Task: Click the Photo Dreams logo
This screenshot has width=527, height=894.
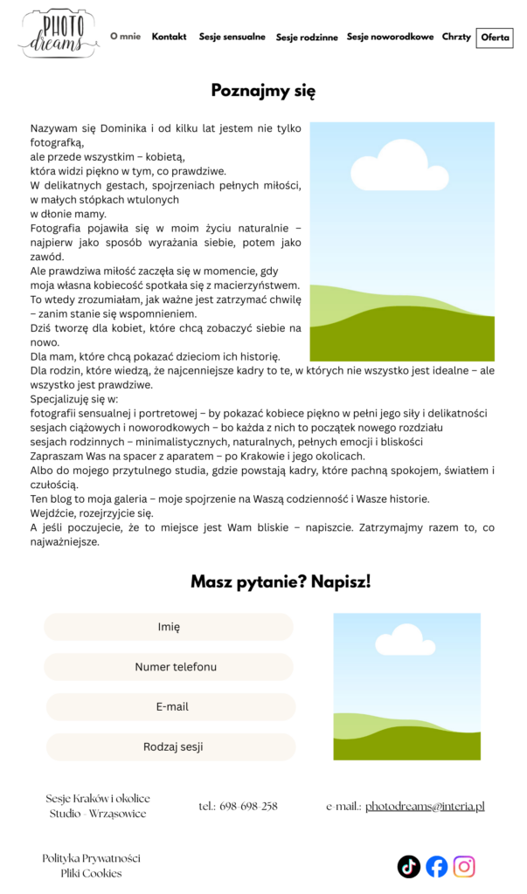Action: (x=59, y=34)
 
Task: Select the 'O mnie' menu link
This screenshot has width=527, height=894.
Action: (x=125, y=37)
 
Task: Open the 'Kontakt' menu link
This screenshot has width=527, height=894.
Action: (x=169, y=37)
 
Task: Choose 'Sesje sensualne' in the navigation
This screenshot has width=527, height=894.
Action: (x=232, y=37)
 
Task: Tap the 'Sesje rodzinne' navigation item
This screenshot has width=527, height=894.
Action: (x=307, y=38)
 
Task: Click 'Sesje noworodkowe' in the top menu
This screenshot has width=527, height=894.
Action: (x=390, y=37)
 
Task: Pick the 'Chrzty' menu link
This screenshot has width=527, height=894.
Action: (x=456, y=37)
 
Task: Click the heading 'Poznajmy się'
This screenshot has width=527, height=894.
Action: (x=263, y=91)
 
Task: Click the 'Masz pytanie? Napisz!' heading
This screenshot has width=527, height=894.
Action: (x=281, y=581)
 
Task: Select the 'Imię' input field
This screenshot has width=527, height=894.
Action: (x=169, y=627)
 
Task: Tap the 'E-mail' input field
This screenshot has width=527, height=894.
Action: (x=172, y=707)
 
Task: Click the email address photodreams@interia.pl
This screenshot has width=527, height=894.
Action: (x=425, y=807)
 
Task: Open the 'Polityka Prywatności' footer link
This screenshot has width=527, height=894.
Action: (x=91, y=858)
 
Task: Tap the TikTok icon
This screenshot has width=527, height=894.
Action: (x=409, y=866)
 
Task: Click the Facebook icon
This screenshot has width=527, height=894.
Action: (x=437, y=866)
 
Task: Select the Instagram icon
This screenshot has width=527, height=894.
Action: (x=465, y=866)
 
